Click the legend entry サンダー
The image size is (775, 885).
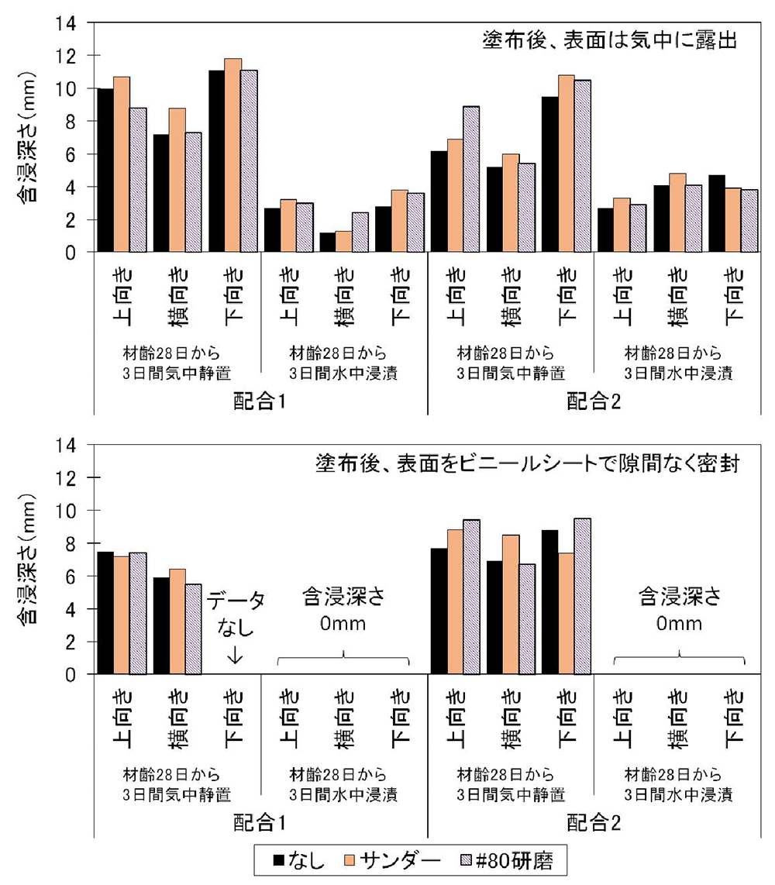396,860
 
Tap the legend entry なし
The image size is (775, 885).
303,860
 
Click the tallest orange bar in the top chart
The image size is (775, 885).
233,155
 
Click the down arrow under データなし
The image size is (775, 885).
234,656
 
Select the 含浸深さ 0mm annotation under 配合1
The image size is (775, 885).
343,609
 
